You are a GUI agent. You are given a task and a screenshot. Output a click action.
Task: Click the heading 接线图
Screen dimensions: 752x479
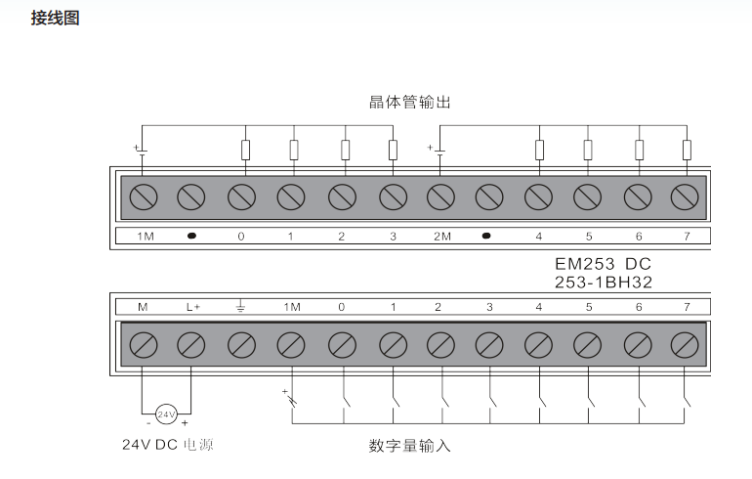(x=55, y=19)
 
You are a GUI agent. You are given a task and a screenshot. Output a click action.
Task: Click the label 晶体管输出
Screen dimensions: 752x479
(x=410, y=103)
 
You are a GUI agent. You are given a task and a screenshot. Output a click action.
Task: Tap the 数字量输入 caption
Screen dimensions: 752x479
(x=410, y=446)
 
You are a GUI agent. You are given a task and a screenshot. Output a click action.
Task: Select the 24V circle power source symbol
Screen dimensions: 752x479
(x=166, y=414)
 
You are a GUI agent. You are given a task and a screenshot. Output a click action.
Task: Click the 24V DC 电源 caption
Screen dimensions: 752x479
(x=167, y=445)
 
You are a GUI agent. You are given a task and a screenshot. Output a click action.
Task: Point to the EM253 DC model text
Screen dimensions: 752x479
(x=603, y=264)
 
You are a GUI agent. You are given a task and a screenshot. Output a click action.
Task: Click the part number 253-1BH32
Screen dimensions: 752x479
(x=604, y=282)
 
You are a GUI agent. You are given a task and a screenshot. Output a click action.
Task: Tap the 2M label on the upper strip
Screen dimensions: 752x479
(x=442, y=237)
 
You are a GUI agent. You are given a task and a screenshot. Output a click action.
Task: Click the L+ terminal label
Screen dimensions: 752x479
(x=193, y=307)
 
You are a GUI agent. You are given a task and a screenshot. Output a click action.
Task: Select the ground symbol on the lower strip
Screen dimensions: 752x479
(x=241, y=306)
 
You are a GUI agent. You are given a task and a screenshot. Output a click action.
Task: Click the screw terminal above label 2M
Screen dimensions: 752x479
(x=440, y=196)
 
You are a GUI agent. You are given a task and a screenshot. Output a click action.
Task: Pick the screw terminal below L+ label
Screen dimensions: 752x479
(x=190, y=345)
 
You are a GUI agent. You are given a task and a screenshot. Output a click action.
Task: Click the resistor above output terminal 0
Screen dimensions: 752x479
(x=245, y=150)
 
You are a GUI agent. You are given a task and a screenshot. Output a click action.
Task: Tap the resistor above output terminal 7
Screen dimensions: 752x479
(x=687, y=150)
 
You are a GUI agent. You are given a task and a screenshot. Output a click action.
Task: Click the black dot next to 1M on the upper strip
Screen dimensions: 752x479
(x=191, y=236)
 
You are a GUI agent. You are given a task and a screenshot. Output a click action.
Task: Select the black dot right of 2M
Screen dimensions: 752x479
(x=486, y=236)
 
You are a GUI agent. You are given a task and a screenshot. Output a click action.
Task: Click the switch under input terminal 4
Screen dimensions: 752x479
(x=542, y=400)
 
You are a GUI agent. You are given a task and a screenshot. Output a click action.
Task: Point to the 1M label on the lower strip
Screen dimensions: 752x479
(x=292, y=307)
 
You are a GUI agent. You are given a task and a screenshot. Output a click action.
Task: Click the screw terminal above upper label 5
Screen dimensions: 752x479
(x=588, y=196)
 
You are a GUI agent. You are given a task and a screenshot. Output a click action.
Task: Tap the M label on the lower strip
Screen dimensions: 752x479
(x=143, y=307)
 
